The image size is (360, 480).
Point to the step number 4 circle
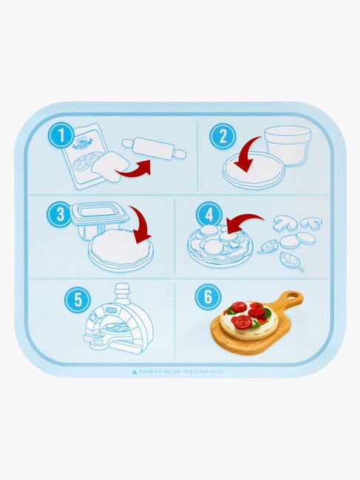tap(208, 215)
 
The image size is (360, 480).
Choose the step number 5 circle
tap(72, 301)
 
